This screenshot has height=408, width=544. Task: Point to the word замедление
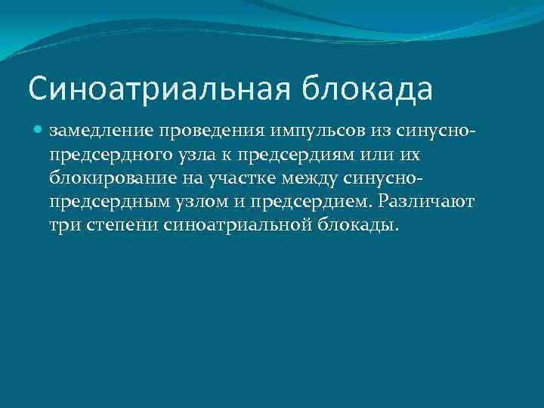click(111, 131)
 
